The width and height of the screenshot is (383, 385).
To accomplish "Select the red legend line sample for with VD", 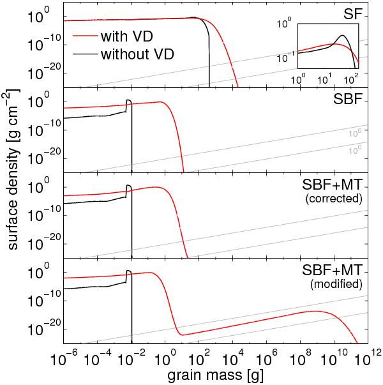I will coord(85,37).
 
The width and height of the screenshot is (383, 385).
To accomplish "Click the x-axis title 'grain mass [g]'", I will coord(216,375).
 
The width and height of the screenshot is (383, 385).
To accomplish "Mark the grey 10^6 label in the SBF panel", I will coord(356,133).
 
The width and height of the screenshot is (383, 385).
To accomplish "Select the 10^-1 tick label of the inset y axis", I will coord(283,58).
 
